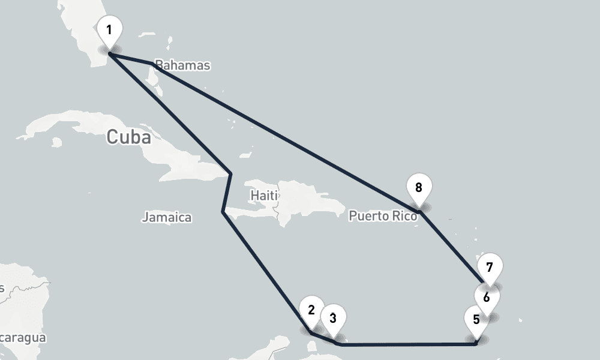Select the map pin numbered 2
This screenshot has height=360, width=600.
click(311, 310)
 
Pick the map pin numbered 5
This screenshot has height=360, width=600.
click(476, 319)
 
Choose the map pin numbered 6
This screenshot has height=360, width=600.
click(487, 297)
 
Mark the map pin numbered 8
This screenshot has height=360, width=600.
click(419, 187)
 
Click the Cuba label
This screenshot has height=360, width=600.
click(128, 137)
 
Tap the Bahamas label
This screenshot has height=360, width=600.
click(182, 65)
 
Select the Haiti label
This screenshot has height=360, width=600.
click(264, 196)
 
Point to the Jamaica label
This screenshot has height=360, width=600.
click(166, 217)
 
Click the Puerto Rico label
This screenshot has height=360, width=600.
click(382, 215)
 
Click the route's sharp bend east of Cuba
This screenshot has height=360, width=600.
click(231, 174)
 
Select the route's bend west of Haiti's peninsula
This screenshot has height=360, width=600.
click(223, 212)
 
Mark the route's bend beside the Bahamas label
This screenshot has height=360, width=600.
click(151, 63)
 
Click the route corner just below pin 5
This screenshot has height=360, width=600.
click(475, 344)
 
